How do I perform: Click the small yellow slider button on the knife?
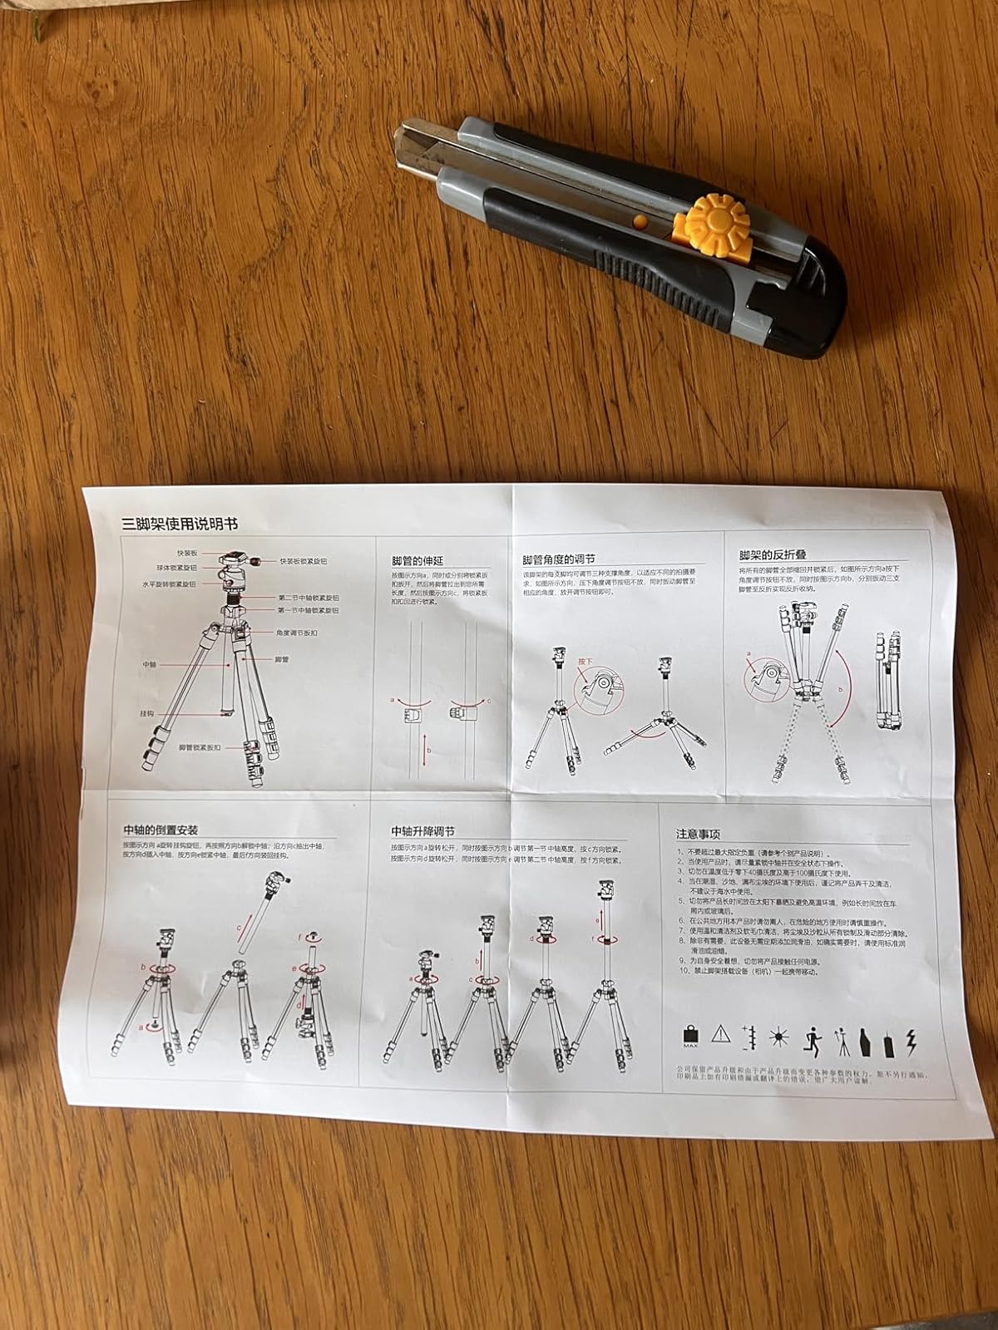[639, 220]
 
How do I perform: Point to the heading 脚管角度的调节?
[559, 560]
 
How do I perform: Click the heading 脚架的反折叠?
[773, 554]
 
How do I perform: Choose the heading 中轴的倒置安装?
[161, 830]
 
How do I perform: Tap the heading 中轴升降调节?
[423, 832]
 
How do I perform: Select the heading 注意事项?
[699, 835]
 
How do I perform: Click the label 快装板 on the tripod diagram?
[186, 553]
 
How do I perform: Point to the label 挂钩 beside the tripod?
[147, 714]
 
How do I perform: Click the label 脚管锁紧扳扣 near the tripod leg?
[202, 748]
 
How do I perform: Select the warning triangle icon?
[720, 1034]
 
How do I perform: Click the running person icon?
[813, 1038]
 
